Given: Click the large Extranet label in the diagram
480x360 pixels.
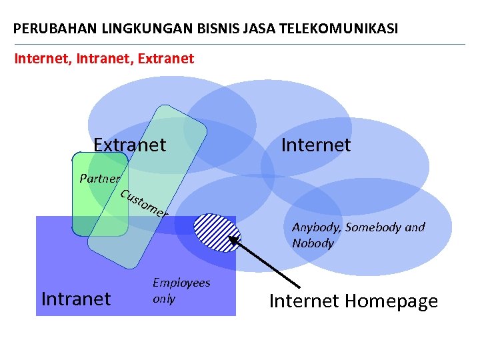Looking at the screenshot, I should (129, 145).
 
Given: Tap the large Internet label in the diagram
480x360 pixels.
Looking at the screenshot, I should (315, 145).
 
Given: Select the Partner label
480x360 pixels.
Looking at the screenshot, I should (99, 178).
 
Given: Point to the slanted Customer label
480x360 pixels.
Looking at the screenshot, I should (144, 204).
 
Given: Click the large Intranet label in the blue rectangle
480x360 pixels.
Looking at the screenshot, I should (76, 299).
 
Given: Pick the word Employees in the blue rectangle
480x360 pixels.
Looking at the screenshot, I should (181, 283).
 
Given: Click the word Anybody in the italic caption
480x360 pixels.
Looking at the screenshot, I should (314, 227).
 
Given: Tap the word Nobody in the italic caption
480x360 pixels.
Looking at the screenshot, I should (313, 243).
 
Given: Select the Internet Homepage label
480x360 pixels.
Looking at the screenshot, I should (353, 301).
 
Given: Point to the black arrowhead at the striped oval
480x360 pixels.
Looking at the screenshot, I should (234, 241).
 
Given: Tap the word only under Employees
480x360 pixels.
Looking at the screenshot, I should (164, 299).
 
